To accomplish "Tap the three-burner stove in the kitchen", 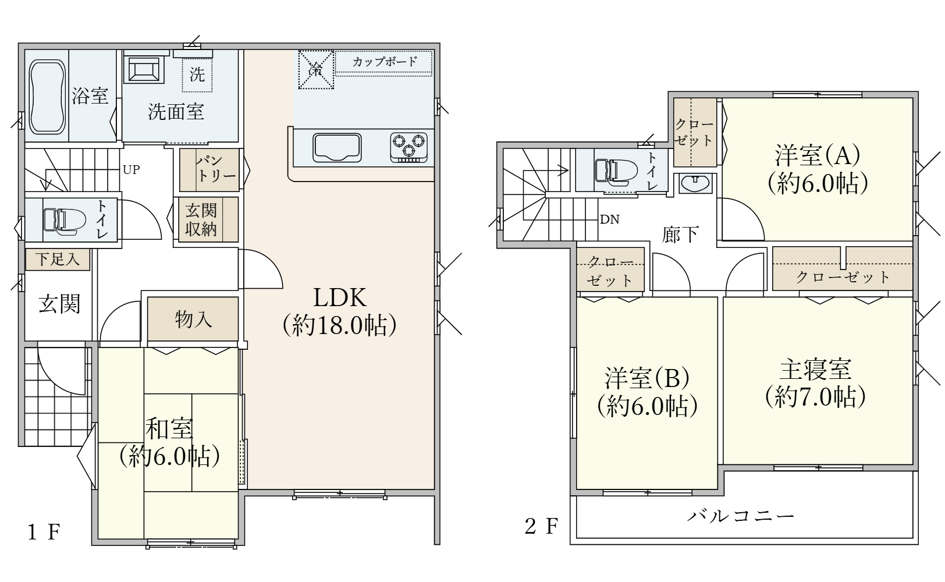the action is [408, 147].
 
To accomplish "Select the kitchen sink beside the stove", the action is [337, 147].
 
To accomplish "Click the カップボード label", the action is [384, 62].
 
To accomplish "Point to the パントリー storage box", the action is [209, 170].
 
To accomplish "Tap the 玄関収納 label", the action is [201, 219].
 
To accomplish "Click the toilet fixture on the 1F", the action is [64, 219].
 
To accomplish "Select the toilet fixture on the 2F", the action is [616, 172].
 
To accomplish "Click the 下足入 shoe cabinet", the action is [58, 259].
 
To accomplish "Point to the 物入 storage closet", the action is [193, 318].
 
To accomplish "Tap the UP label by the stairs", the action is [131, 170].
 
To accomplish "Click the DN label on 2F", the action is [610, 219].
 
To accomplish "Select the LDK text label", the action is [340, 297].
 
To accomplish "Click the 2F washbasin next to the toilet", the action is [695, 184].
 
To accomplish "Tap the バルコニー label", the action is [740, 516].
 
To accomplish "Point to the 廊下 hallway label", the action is [680, 235].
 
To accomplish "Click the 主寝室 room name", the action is [815, 370].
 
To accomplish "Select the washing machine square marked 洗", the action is [197, 75].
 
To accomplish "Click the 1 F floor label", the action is [44, 532].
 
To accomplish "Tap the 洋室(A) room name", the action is [817, 155].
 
